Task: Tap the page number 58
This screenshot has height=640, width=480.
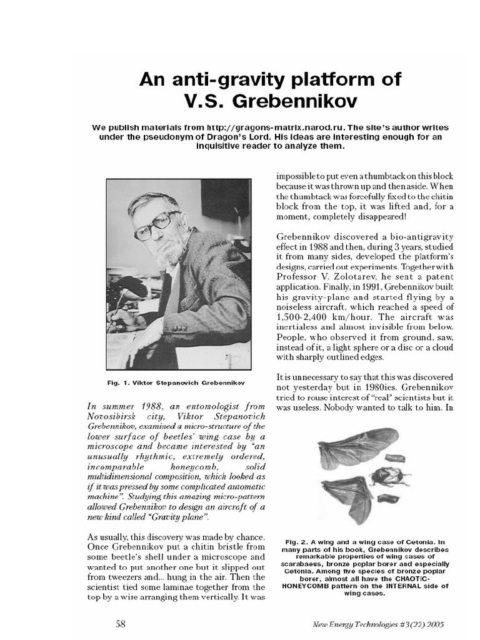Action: point(121,623)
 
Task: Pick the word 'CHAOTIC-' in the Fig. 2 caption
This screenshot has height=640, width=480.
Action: point(414,579)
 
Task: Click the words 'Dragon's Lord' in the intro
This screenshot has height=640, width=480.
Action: point(258,137)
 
